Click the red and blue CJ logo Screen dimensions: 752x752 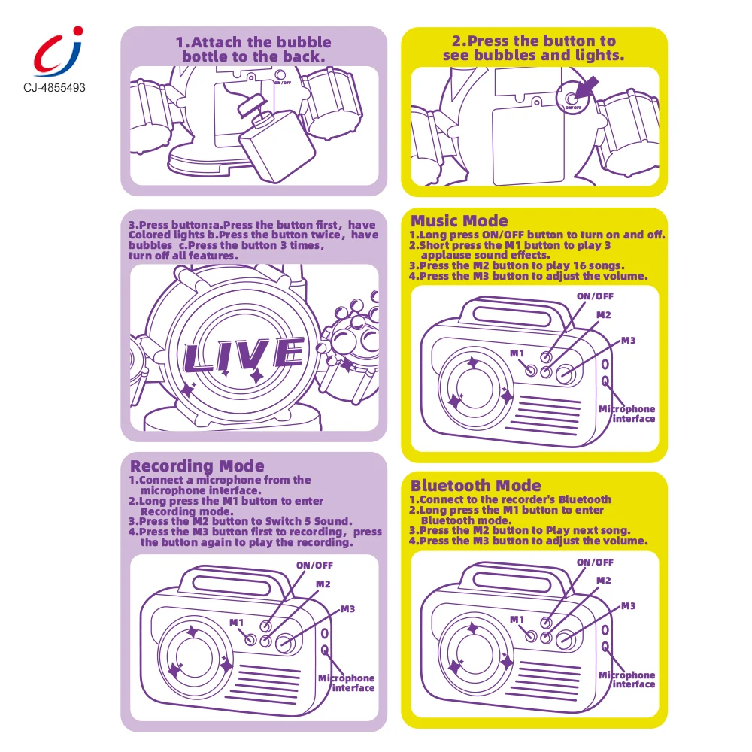(x=58, y=52)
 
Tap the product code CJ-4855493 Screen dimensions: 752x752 (x=54, y=88)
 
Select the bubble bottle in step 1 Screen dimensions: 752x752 (x=272, y=141)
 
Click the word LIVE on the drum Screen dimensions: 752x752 (x=243, y=356)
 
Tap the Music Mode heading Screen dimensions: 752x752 (x=459, y=220)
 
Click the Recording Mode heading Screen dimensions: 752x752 (x=197, y=466)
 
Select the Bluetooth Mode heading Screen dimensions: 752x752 (x=475, y=485)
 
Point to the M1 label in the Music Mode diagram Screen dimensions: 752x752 (x=517, y=353)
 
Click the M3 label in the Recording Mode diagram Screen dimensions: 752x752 (x=347, y=609)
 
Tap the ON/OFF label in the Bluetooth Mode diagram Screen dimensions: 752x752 (x=595, y=562)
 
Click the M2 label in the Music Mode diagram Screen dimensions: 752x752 (x=603, y=315)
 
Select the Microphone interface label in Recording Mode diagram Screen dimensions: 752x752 (x=347, y=683)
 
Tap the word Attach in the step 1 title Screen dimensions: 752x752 (x=217, y=42)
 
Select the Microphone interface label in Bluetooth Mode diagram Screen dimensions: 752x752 (x=627, y=680)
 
